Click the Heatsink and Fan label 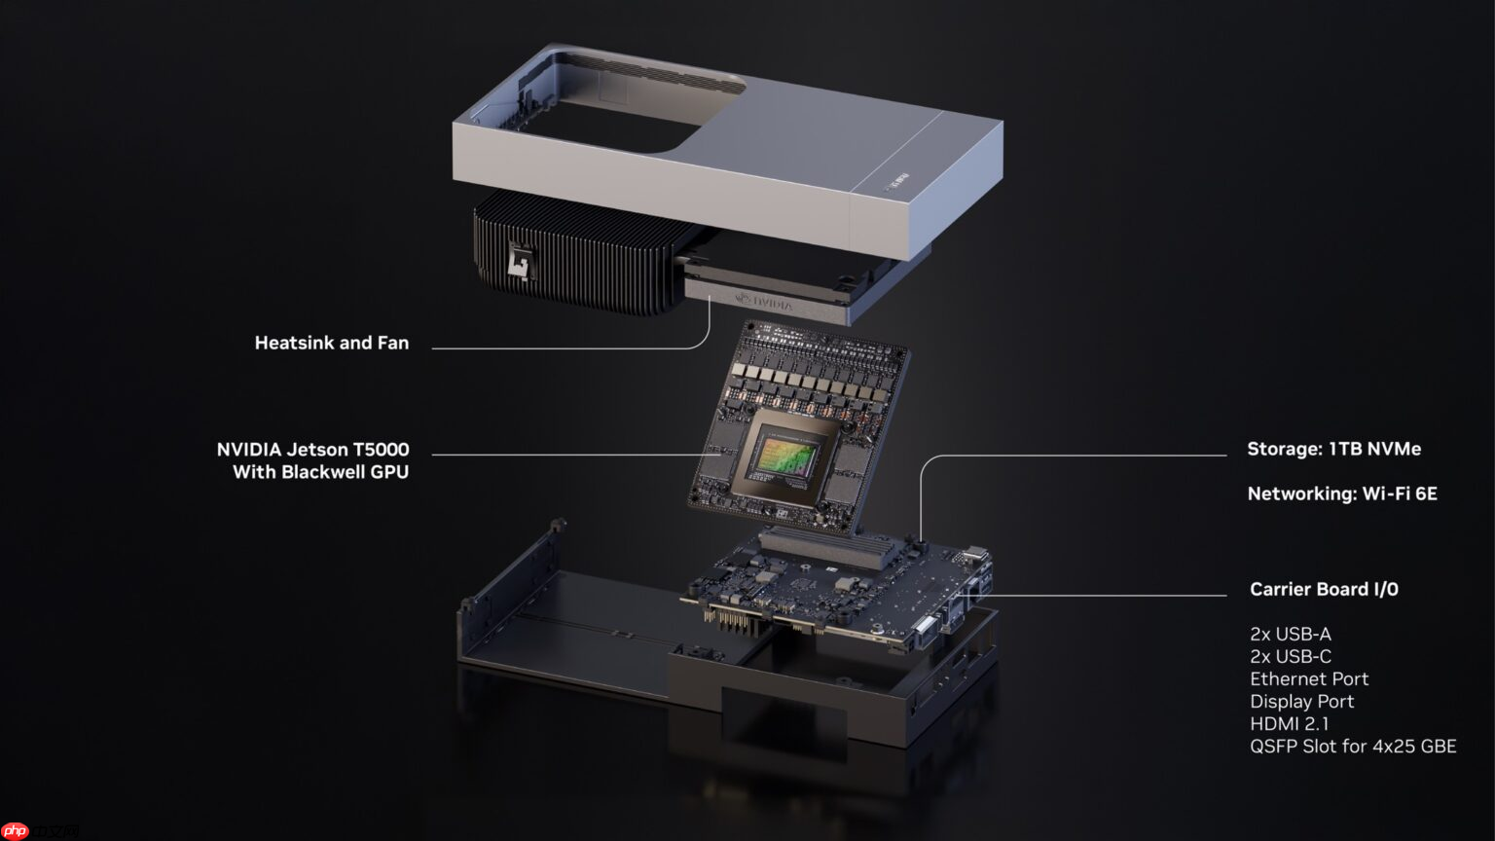[331, 343]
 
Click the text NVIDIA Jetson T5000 [312, 450]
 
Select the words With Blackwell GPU [320, 472]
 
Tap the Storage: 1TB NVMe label [1333, 449]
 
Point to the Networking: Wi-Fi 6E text [1341, 494]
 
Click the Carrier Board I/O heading [1323, 589]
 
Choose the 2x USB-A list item [1290, 634]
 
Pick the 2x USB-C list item [1290, 656]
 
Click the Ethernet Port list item [1308, 678]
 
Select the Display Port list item [1301, 701]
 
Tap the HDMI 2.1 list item [1289, 723]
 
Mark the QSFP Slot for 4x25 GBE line [1352, 746]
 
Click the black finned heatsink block [574, 255]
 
